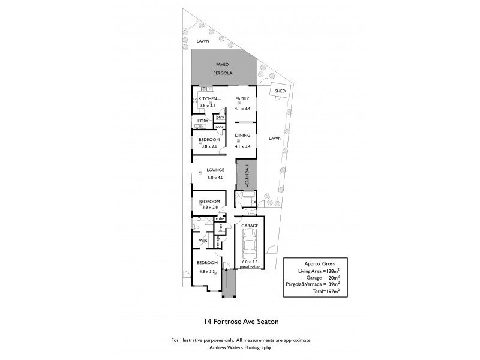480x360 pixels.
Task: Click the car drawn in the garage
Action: pos(250,244)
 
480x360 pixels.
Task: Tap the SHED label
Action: pos(280,91)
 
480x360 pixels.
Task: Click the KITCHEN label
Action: pos(208,98)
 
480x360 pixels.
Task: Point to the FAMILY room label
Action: pos(242,98)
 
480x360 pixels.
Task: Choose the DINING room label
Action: pos(242,135)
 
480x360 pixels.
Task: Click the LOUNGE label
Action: pos(215,170)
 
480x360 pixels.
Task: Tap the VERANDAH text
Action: pos(246,176)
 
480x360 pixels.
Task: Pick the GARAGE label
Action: pos(250,226)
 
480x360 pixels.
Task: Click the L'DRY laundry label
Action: pos(203,121)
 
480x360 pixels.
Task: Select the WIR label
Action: pos(203,241)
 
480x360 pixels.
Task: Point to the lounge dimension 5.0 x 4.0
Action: pos(215,178)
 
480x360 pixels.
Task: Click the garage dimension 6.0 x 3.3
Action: pos(250,262)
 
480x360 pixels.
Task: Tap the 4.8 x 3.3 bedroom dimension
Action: pos(208,271)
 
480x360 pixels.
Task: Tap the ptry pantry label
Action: pos(220,118)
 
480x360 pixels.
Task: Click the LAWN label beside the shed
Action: pos(275,138)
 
